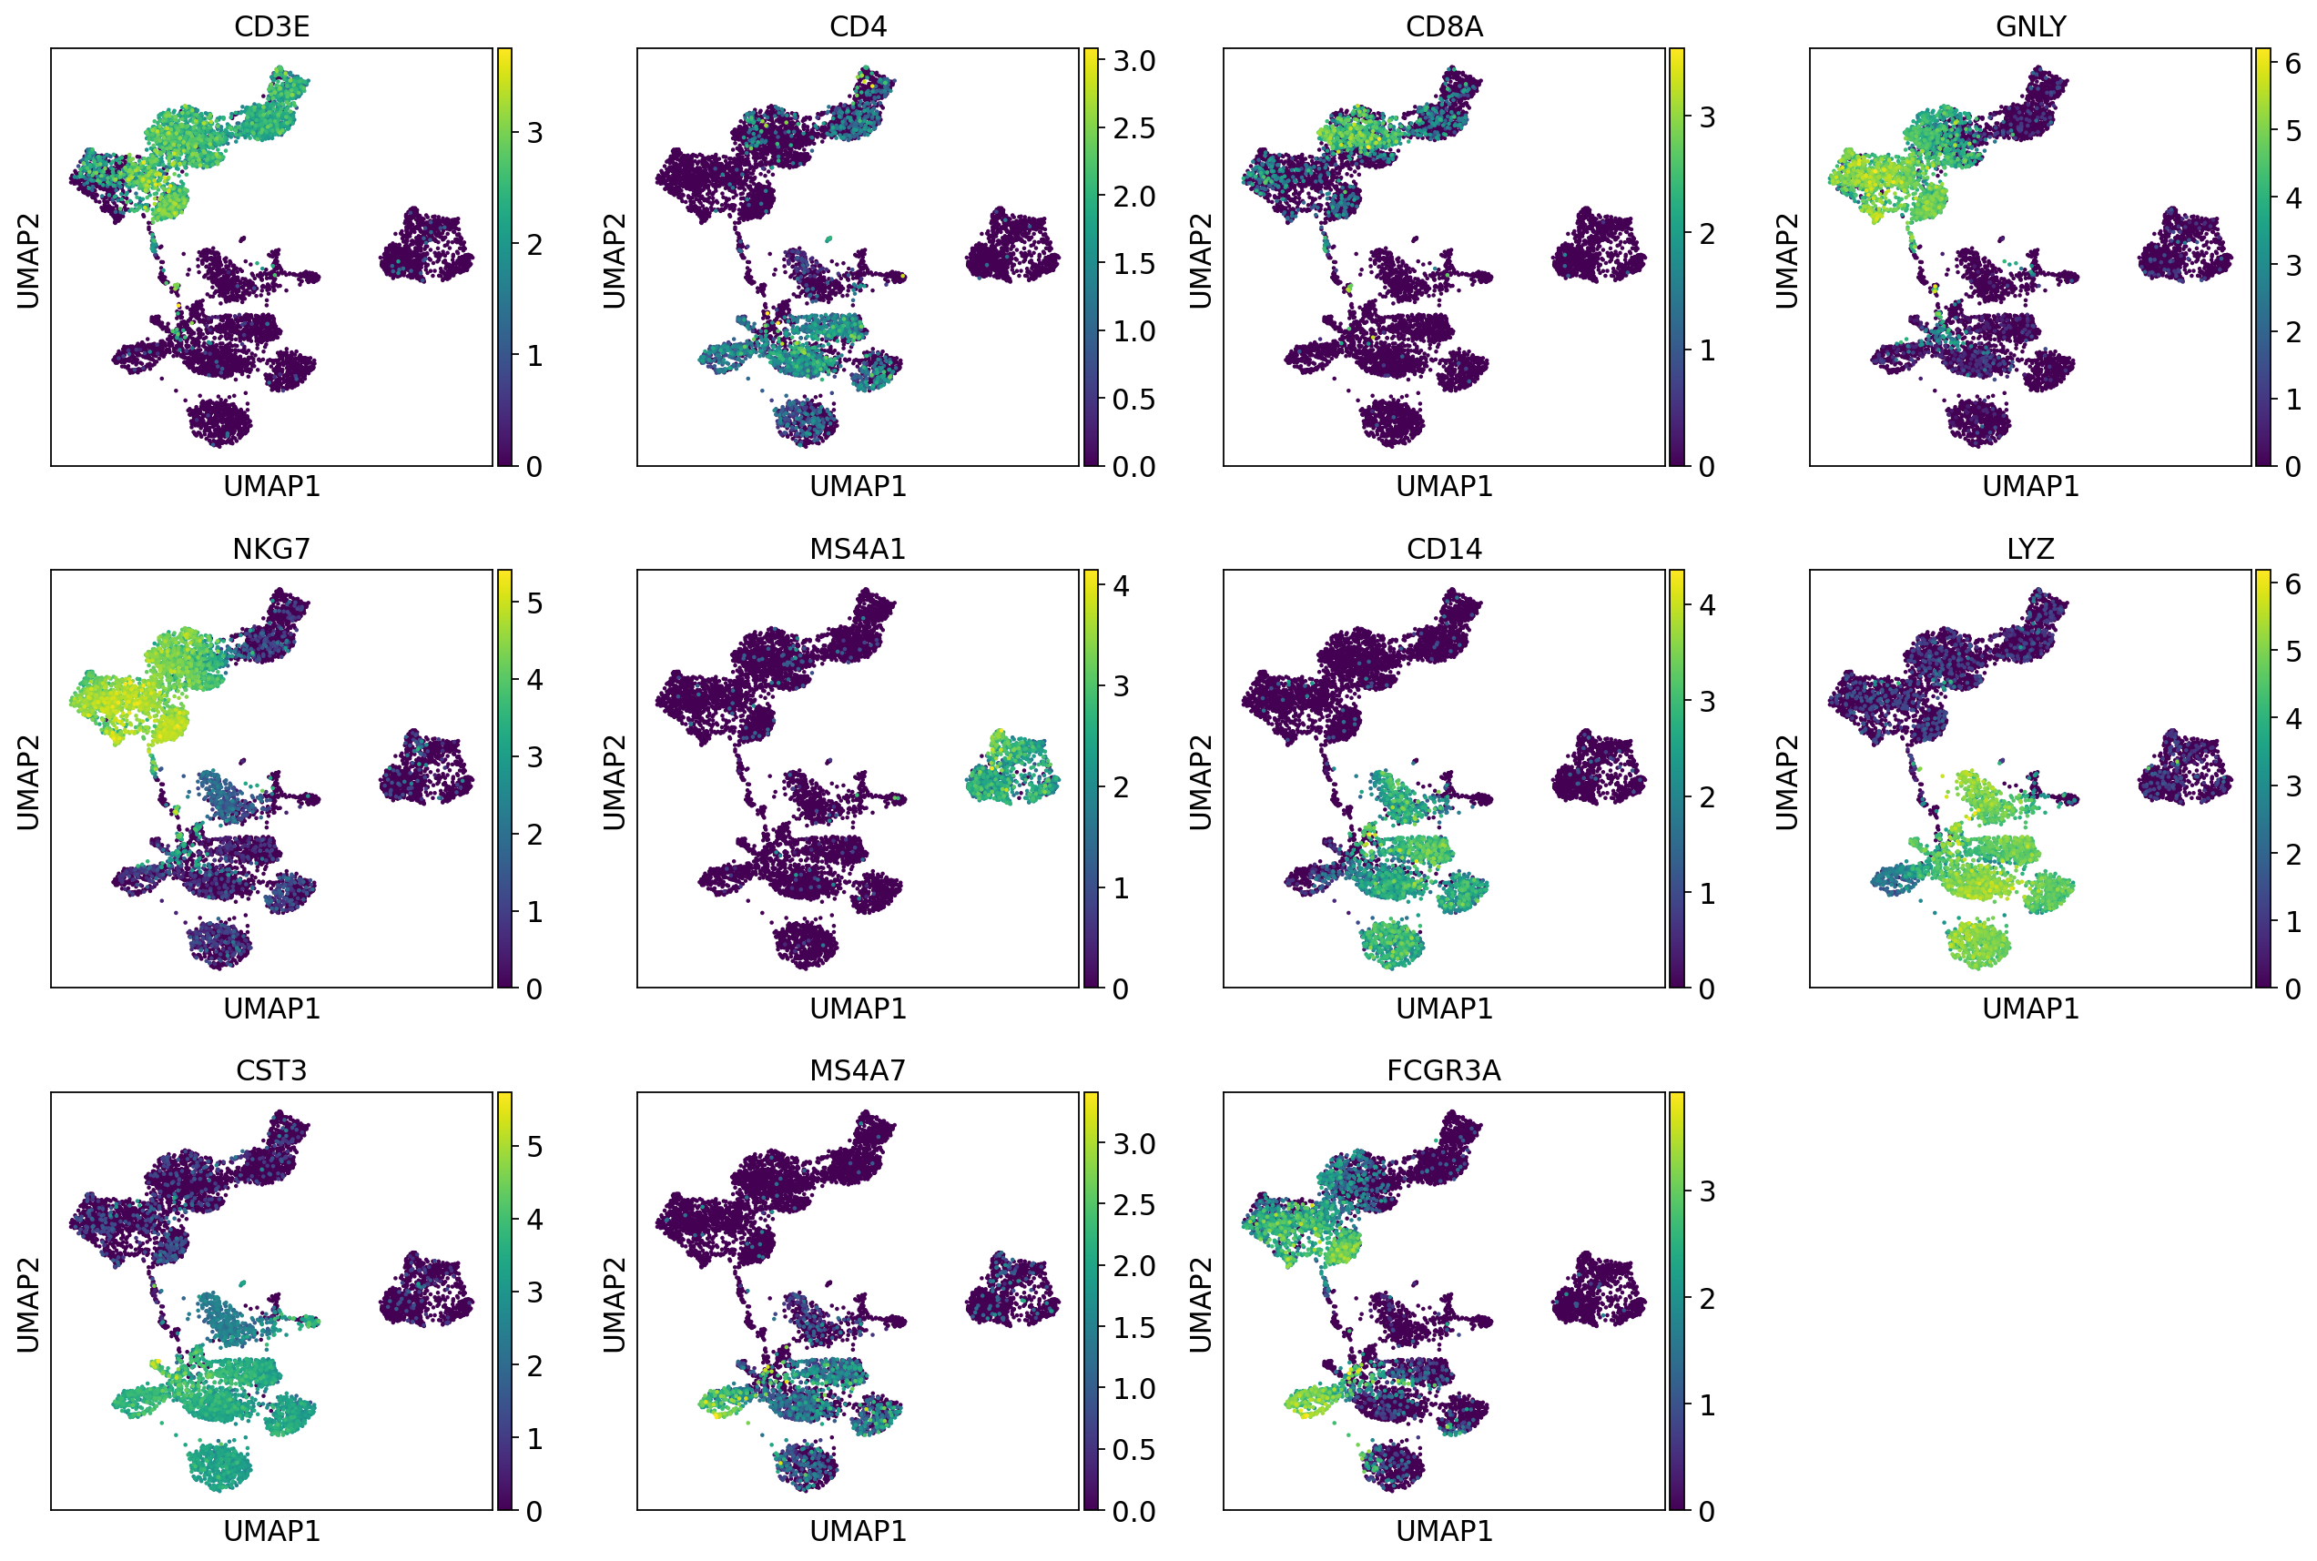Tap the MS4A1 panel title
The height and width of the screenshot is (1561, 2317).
pyautogui.click(x=858, y=549)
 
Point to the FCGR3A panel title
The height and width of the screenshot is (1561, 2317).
pyautogui.click(x=1444, y=1070)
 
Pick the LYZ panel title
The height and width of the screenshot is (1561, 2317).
pyautogui.click(x=2030, y=549)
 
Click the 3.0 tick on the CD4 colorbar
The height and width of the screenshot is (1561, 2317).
pyautogui.click(x=1133, y=61)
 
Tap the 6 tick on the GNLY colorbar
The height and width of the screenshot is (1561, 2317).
pyautogui.click(x=2293, y=64)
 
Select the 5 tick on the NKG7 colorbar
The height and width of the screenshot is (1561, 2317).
pyautogui.click(x=534, y=603)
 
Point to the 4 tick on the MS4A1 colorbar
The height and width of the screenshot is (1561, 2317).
pyautogui.click(x=1121, y=585)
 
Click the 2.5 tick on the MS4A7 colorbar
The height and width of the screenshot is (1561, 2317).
pyautogui.click(x=1133, y=1204)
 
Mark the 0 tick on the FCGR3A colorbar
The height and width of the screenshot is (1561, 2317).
pyautogui.click(x=1707, y=1511)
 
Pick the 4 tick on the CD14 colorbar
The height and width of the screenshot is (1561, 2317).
pyautogui.click(x=1707, y=604)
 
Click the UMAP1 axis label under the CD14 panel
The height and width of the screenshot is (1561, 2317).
pyautogui.click(x=1444, y=1009)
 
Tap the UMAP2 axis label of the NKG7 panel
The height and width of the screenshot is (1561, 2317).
pyautogui.click(x=28, y=782)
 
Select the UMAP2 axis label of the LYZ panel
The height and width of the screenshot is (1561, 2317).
pyautogui.click(x=1787, y=782)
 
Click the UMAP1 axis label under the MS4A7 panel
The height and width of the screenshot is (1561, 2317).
pyautogui.click(x=858, y=1530)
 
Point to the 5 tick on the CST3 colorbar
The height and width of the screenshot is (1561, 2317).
pyautogui.click(x=534, y=1146)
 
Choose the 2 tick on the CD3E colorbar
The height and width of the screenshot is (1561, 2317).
pyautogui.click(x=534, y=244)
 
